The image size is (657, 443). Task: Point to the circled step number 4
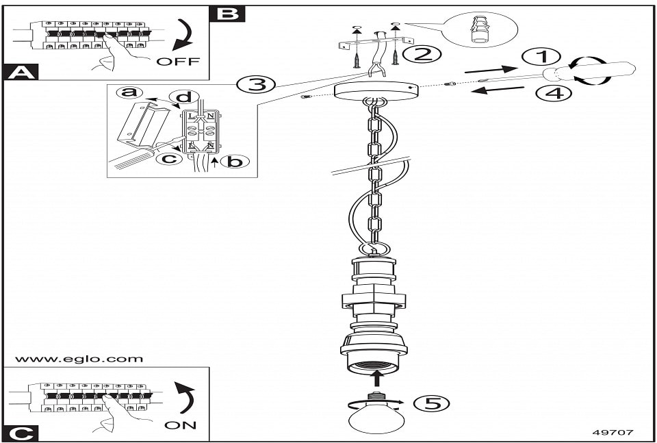tap(554, 92)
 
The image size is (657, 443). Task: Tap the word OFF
tap(178, 62)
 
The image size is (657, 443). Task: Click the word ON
tap(181, 425)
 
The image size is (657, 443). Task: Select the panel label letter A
tap(21, 72)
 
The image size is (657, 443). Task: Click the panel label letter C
tap(21, 433)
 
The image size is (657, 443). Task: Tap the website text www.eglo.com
tap(79, 359)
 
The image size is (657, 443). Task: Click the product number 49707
tap(613, 433)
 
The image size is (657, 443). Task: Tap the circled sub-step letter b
tap(235, 162)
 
